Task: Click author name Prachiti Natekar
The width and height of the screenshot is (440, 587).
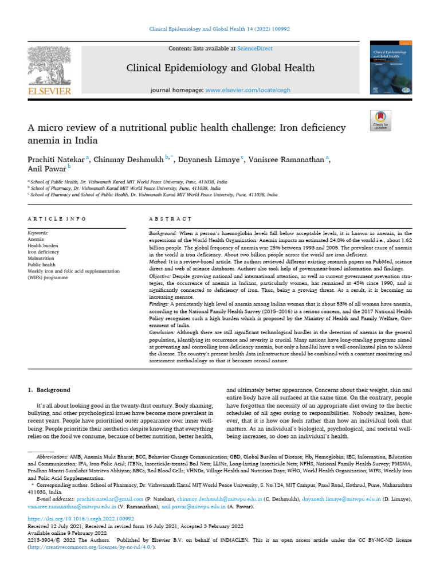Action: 56,159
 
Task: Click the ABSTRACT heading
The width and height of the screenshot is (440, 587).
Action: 170,219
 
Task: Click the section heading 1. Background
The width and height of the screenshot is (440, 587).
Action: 49,390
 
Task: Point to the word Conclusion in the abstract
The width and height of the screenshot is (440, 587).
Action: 162,331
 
